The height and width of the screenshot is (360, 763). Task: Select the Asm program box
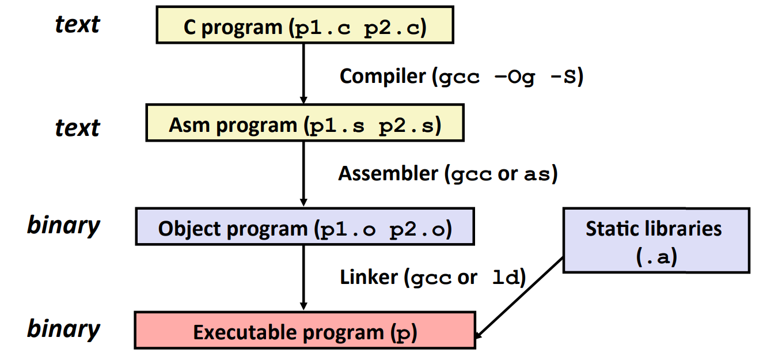[x=305, y=123]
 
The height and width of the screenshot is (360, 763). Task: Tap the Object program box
[x=305, y=227]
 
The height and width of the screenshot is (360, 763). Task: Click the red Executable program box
[x=305, y=330]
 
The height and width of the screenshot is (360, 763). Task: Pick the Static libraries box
[x=655, y=240]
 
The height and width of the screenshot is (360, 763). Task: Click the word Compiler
[x=382, y=76]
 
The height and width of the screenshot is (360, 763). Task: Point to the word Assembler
[x=388, y=173]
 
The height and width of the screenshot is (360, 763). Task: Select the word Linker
[x=369, y=278]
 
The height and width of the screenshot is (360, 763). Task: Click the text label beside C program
[x=77, y=24]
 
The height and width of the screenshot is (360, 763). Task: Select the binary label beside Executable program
[x=63, y=329]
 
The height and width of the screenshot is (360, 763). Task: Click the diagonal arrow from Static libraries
[x=520, y=297]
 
